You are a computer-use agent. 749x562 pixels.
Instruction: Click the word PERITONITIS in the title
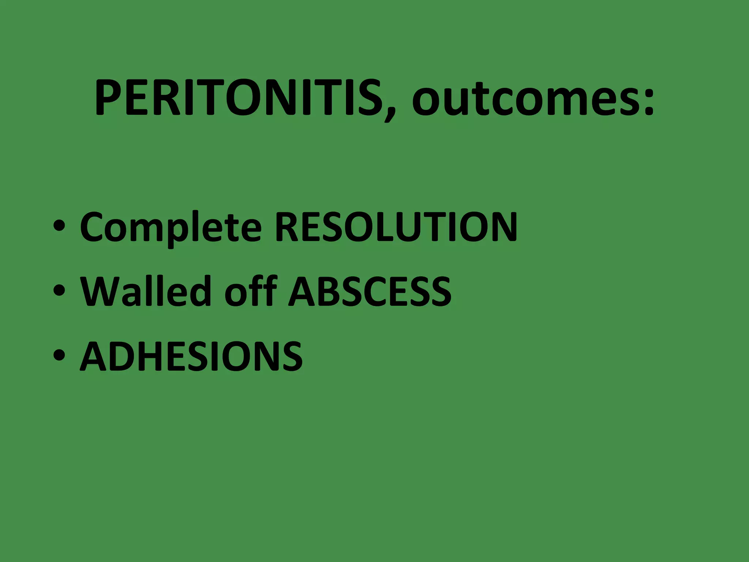[240, 98]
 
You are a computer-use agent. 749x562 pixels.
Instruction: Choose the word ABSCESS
[370, 292]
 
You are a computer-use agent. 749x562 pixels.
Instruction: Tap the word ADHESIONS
[191, 356]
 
